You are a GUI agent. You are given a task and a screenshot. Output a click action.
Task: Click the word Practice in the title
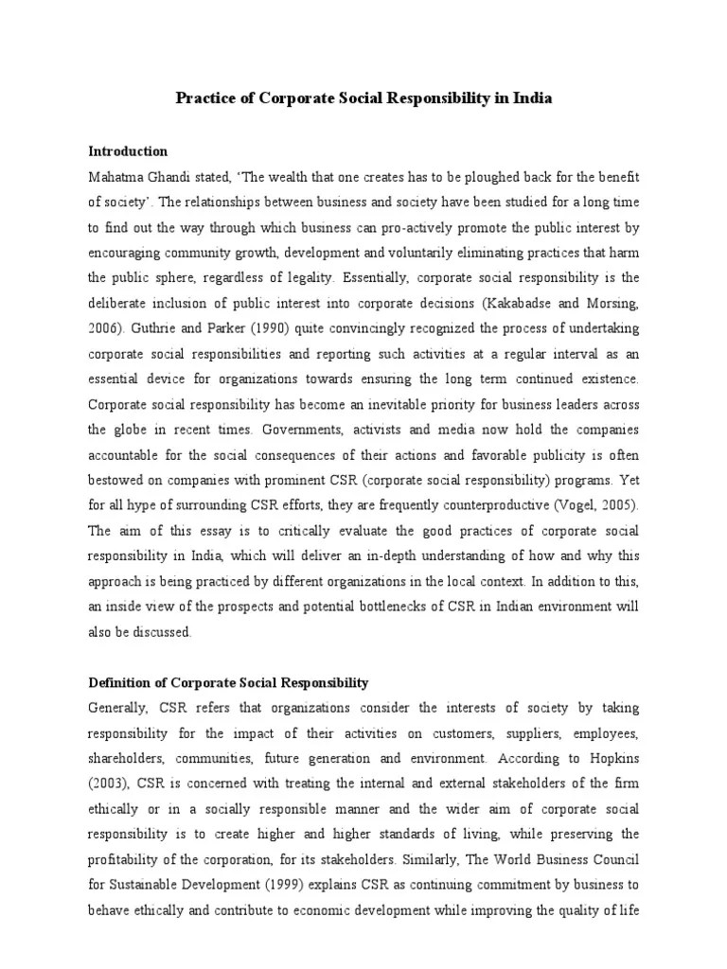coord(204,98)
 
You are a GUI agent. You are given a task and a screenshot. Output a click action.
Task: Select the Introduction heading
coord(128,150)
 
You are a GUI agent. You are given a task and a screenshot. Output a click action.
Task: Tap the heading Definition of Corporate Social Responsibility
coord(228,682)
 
